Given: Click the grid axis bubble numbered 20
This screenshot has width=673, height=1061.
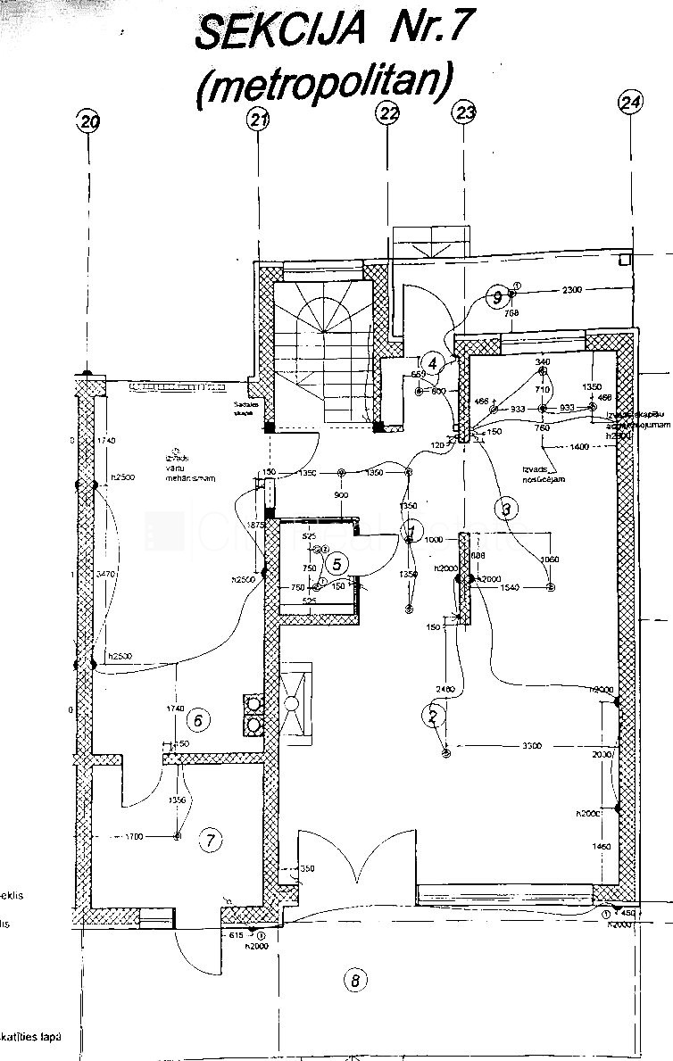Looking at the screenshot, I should [x=88, y=122].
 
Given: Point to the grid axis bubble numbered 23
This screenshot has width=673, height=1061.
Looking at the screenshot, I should [x=466, y=112].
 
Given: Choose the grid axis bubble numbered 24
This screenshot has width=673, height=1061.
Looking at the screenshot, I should [x=630, y=103].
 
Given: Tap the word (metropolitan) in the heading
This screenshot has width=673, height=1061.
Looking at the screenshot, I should [x=322, y=82].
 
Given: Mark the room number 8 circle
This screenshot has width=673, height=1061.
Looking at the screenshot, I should [x=355, y=981].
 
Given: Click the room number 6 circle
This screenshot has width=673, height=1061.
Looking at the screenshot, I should [x=200, y=719].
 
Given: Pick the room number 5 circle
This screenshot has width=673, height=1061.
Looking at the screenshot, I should [x=336, y=563].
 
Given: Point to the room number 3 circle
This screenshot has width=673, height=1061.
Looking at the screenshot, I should [x=506, y=510].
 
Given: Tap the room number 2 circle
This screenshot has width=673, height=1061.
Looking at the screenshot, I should [x=433, y=715].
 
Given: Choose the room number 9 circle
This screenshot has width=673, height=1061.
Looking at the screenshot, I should [x=497, y=298].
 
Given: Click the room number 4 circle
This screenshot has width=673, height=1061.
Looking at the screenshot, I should [x=432, y=363].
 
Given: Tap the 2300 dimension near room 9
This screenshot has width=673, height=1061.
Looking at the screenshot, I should [x=572, y=289].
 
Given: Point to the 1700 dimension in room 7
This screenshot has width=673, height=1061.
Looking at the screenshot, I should [x=135, y=836].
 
